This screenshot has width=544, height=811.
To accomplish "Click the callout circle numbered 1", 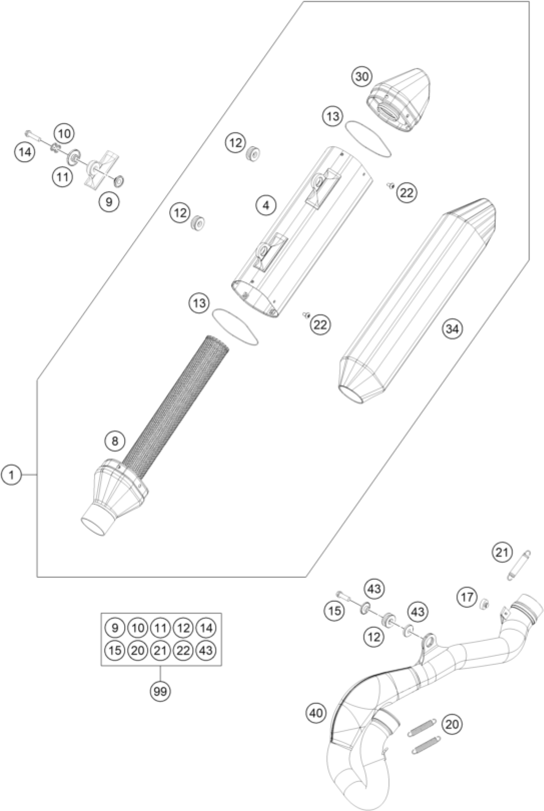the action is (12, 474).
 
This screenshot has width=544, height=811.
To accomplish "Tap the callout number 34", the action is (452, 329).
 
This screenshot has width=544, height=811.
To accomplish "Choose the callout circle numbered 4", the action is (266, 205).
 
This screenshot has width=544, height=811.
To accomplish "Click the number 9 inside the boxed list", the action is (115, 627).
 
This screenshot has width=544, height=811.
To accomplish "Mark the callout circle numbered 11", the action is (62, 177).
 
